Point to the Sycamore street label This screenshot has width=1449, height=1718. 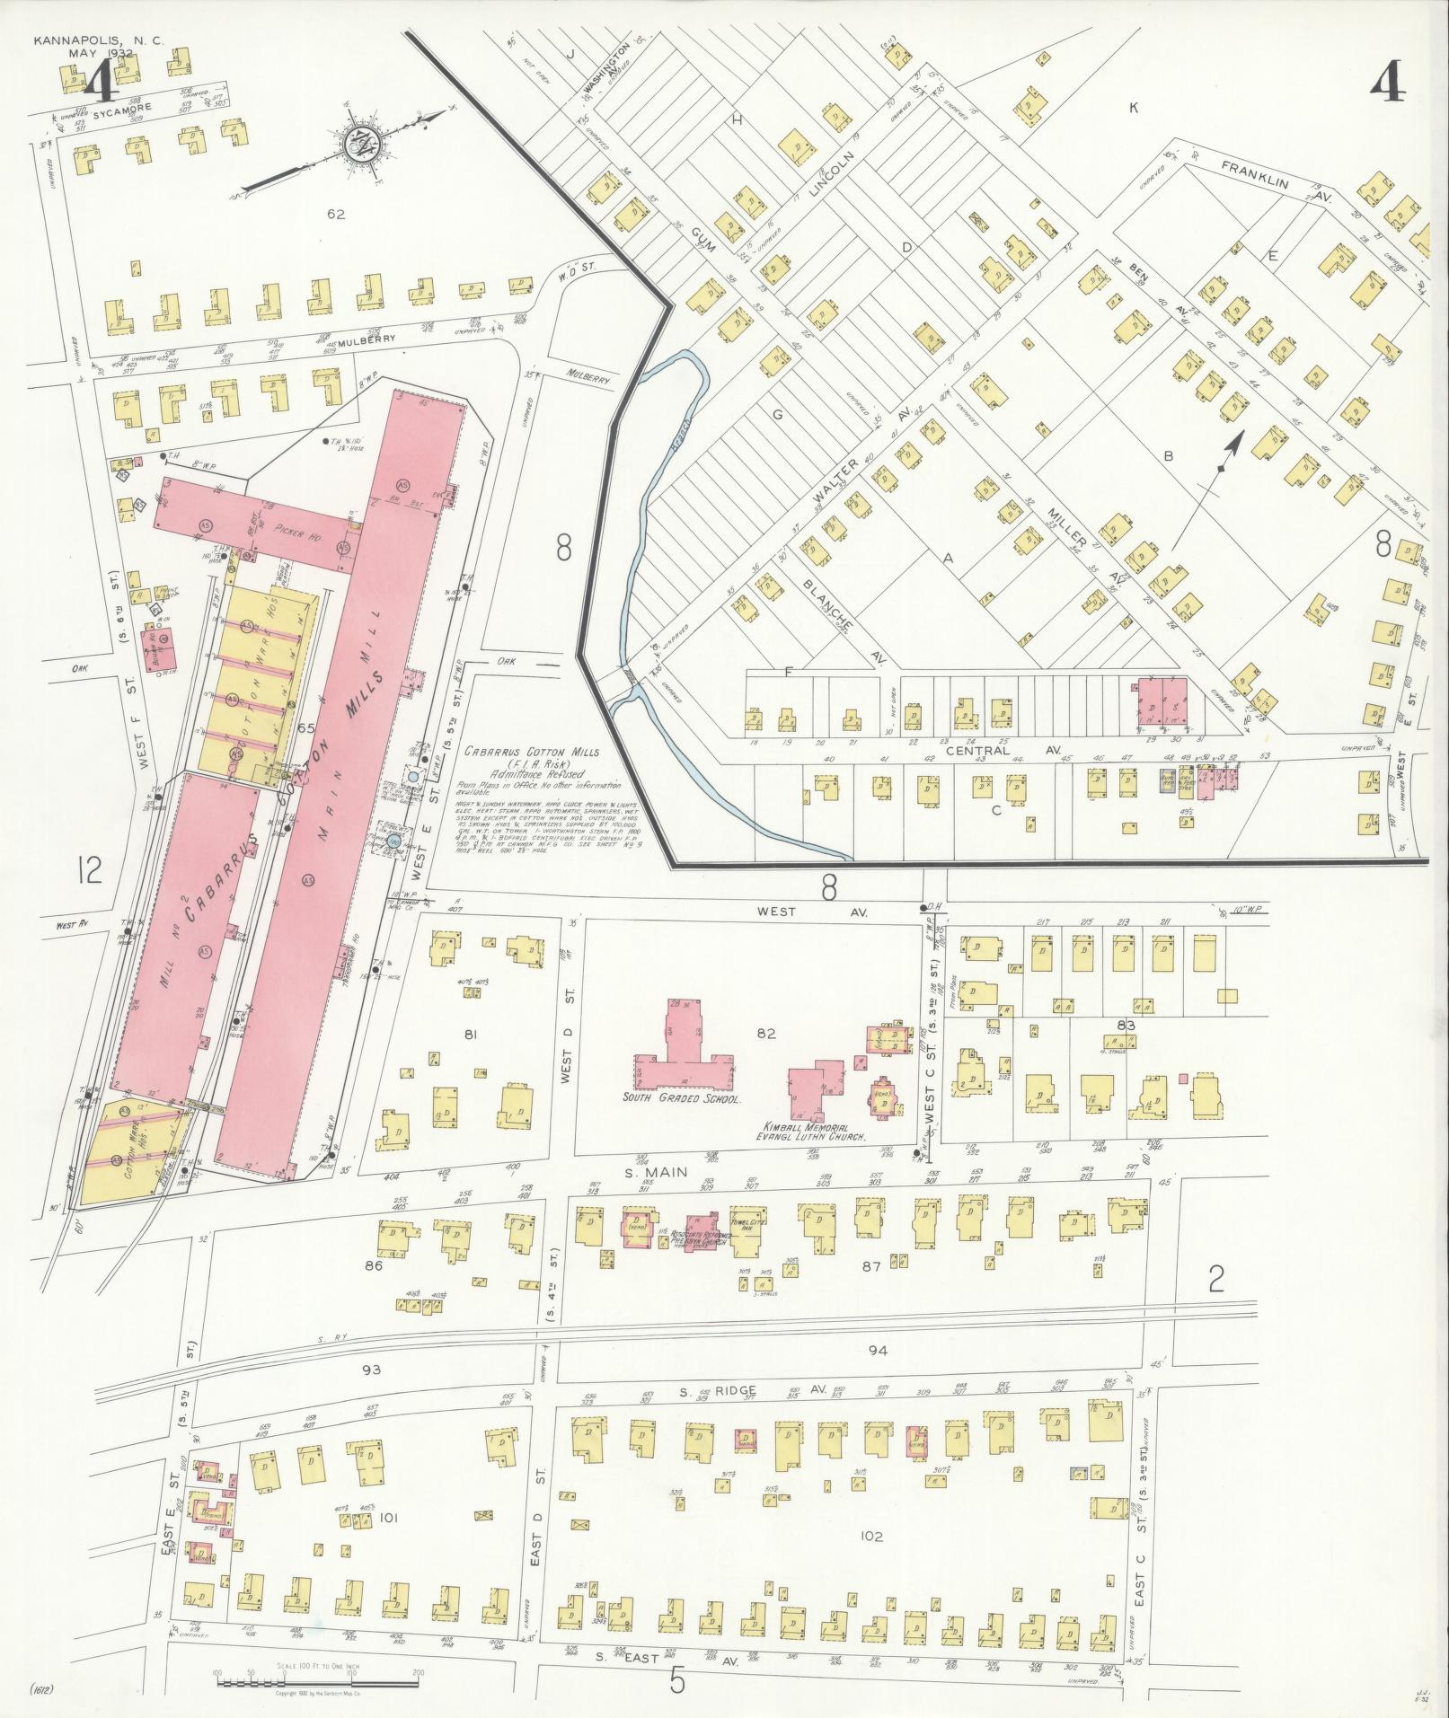click(128, 107)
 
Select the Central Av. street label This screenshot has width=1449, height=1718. click(977, 750)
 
